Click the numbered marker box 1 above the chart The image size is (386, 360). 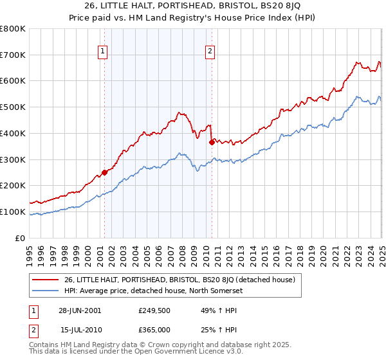click(103, 53)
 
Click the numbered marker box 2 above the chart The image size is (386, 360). click(210, 53)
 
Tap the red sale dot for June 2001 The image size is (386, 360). click(104, 172)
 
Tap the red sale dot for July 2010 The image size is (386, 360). click(212, 142)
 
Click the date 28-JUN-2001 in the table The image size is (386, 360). click(80, 310)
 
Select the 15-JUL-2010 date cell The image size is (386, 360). click(80, 329)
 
